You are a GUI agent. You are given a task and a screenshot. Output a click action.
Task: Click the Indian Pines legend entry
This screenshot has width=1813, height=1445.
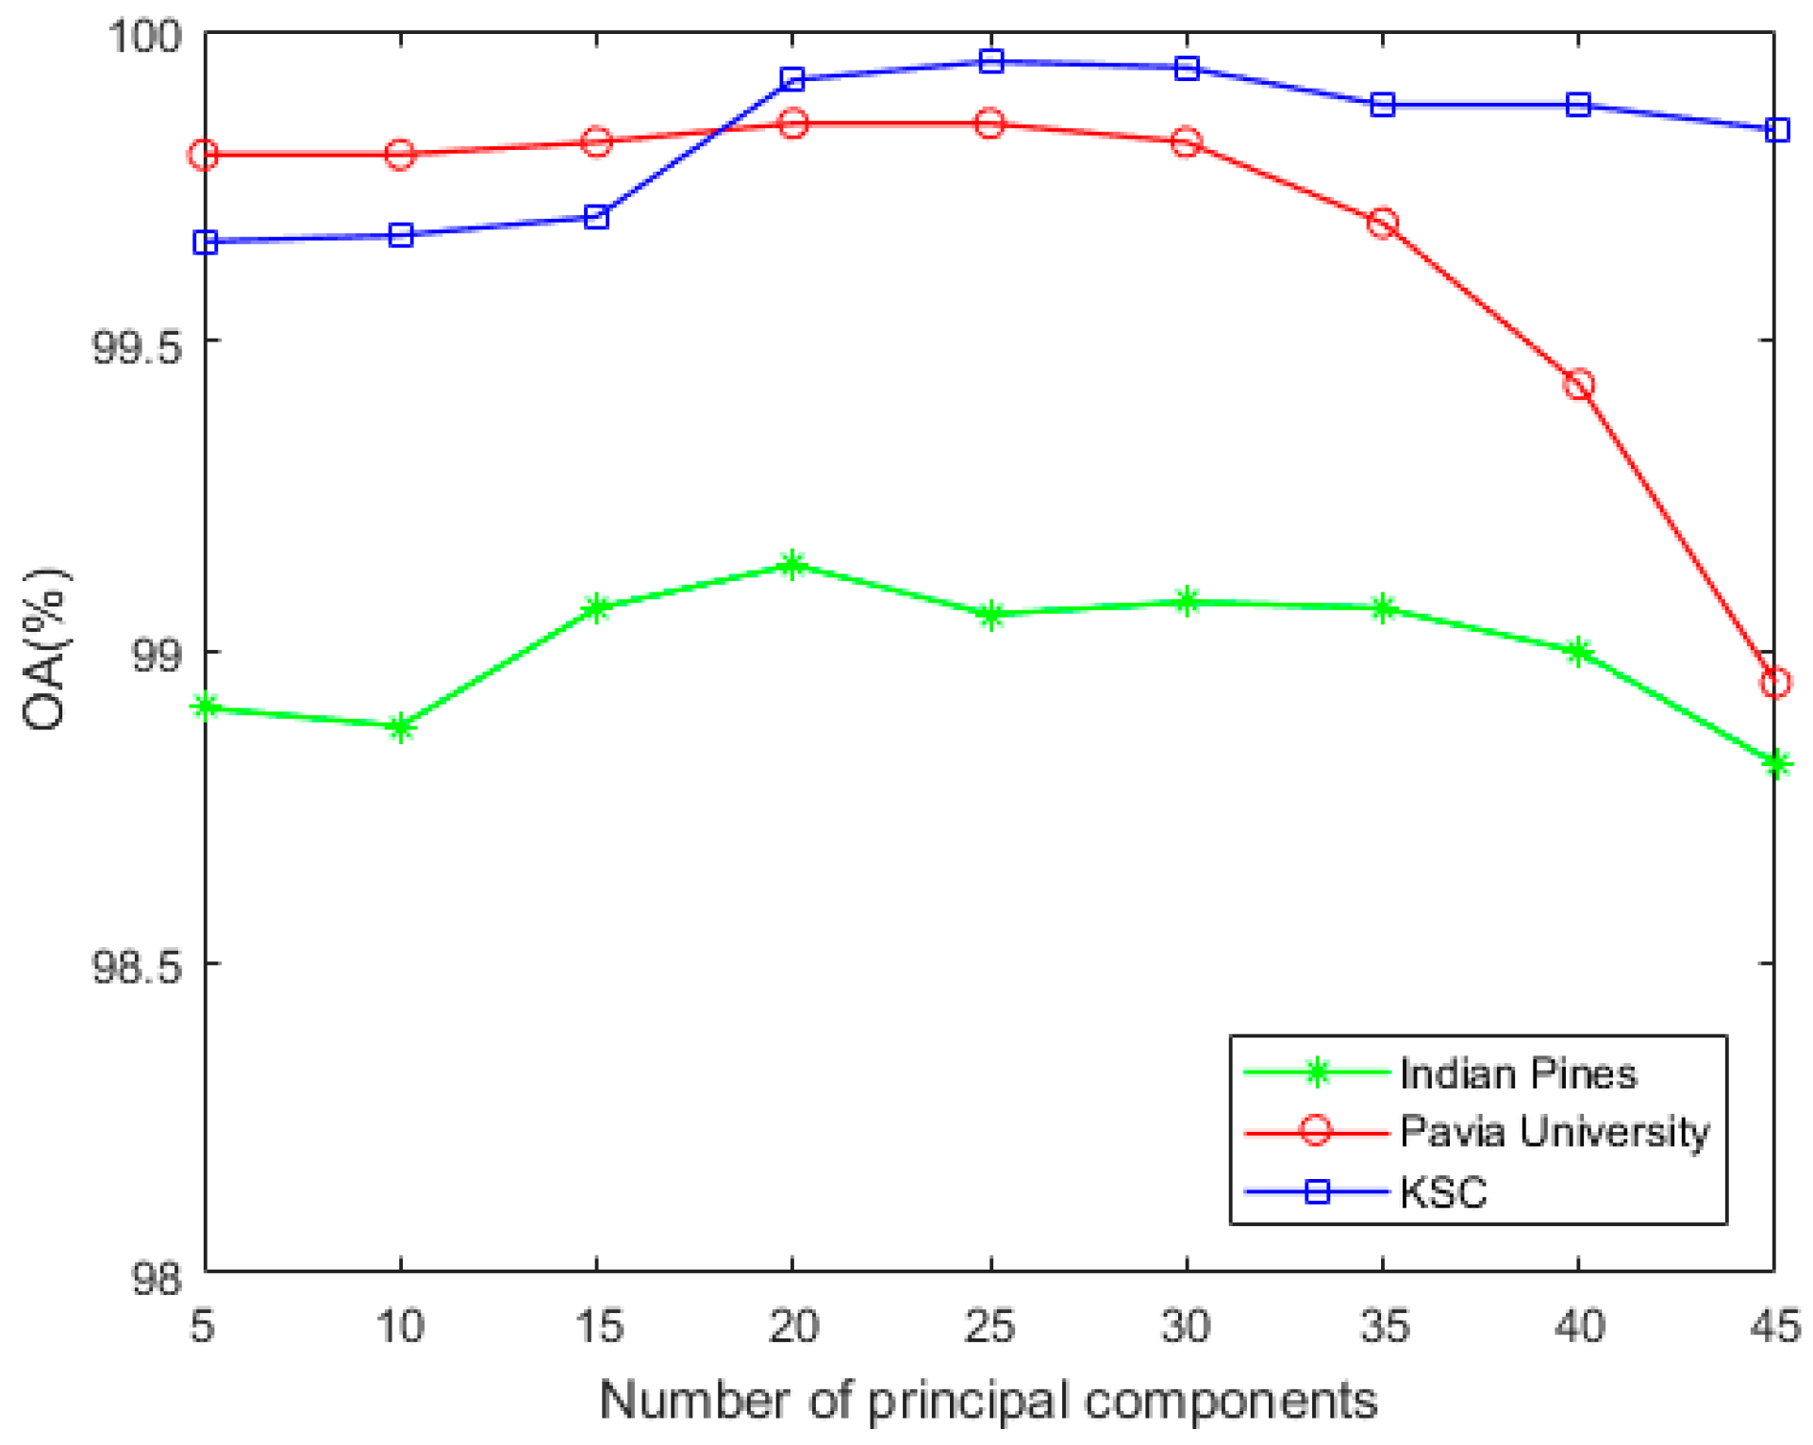point(1517,1074)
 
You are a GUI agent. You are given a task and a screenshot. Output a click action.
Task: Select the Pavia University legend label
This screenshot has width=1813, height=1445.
point(1554,1131)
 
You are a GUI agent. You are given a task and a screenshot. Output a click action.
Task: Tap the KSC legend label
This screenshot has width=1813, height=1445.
point(1443,1192)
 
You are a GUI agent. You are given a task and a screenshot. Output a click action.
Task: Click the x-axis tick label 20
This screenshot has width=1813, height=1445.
point(792,1326)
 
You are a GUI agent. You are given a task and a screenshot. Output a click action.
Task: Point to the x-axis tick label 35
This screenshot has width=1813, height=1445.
point(1383,1326)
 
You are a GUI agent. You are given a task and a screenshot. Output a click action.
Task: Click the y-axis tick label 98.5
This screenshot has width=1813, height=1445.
point(135,968)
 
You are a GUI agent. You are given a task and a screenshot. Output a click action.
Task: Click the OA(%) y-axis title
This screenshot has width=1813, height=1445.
point(45,650)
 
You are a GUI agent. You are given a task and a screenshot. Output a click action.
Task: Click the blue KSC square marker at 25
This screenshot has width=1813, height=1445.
point(990,61)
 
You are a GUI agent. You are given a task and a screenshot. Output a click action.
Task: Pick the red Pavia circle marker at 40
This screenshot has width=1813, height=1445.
point(1578,385)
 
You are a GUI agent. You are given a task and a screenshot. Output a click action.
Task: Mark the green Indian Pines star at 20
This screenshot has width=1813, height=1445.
point(792,565)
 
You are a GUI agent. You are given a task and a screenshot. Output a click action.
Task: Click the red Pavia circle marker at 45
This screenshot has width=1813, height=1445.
point(1774,682)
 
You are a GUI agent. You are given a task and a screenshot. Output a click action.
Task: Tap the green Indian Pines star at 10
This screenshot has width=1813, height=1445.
point(401,727)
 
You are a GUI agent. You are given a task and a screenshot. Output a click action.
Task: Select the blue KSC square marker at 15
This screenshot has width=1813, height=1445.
point(596,218)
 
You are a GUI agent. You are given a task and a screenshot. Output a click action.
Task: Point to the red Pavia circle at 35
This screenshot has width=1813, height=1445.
point(1383,224)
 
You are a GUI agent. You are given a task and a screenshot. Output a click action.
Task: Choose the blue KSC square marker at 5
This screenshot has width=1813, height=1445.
point(206,242)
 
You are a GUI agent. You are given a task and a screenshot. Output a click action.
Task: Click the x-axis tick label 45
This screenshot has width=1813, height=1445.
point(1774,1326)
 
